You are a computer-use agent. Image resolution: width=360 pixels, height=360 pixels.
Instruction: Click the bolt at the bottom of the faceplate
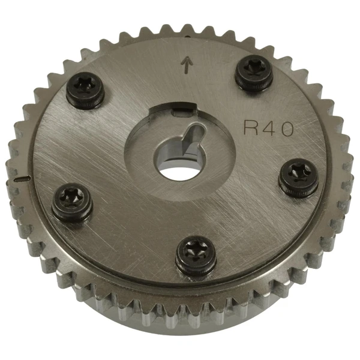[195, 255]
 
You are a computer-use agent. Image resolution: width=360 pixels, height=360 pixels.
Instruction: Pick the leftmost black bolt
[72, 203]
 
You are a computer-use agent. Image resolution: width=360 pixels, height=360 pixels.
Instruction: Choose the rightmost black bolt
[298, 174]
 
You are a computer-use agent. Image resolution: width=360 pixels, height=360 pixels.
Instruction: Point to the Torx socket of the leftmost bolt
[72, 199]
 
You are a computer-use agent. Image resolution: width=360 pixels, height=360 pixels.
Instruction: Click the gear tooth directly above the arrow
[191, 28]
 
